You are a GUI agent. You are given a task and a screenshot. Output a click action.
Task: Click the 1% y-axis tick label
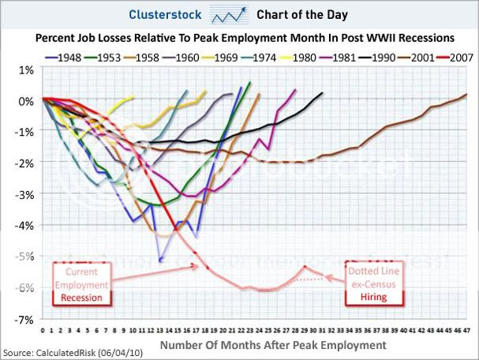tap(25, 69)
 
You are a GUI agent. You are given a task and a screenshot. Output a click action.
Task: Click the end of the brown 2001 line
tap(466, 95)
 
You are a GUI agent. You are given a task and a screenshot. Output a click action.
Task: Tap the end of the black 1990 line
tap(322, 93)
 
